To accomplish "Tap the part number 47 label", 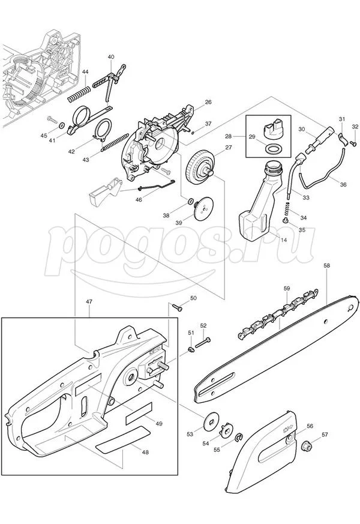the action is click(89, 301).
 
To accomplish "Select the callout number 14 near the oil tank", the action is click(283, 240).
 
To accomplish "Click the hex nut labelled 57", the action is click(306, 445).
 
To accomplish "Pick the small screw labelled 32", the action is click(353, 143).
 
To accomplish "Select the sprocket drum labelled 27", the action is click(199, 166).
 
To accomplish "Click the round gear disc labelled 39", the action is click(203, 208).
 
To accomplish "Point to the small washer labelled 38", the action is click(191, 201).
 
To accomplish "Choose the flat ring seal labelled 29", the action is click(272, 148).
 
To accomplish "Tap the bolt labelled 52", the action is click(203, 343).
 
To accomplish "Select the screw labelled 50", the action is click(177, 307).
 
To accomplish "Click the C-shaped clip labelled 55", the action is click(238, 436).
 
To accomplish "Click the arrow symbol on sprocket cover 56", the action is click(287, 429).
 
